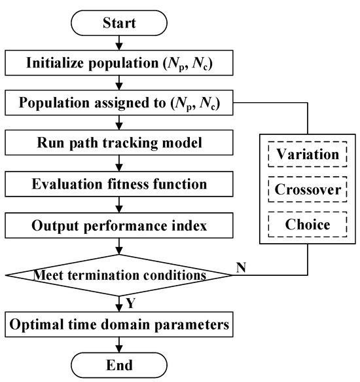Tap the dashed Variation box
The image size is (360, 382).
306,155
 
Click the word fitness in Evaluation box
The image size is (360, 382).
143,183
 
